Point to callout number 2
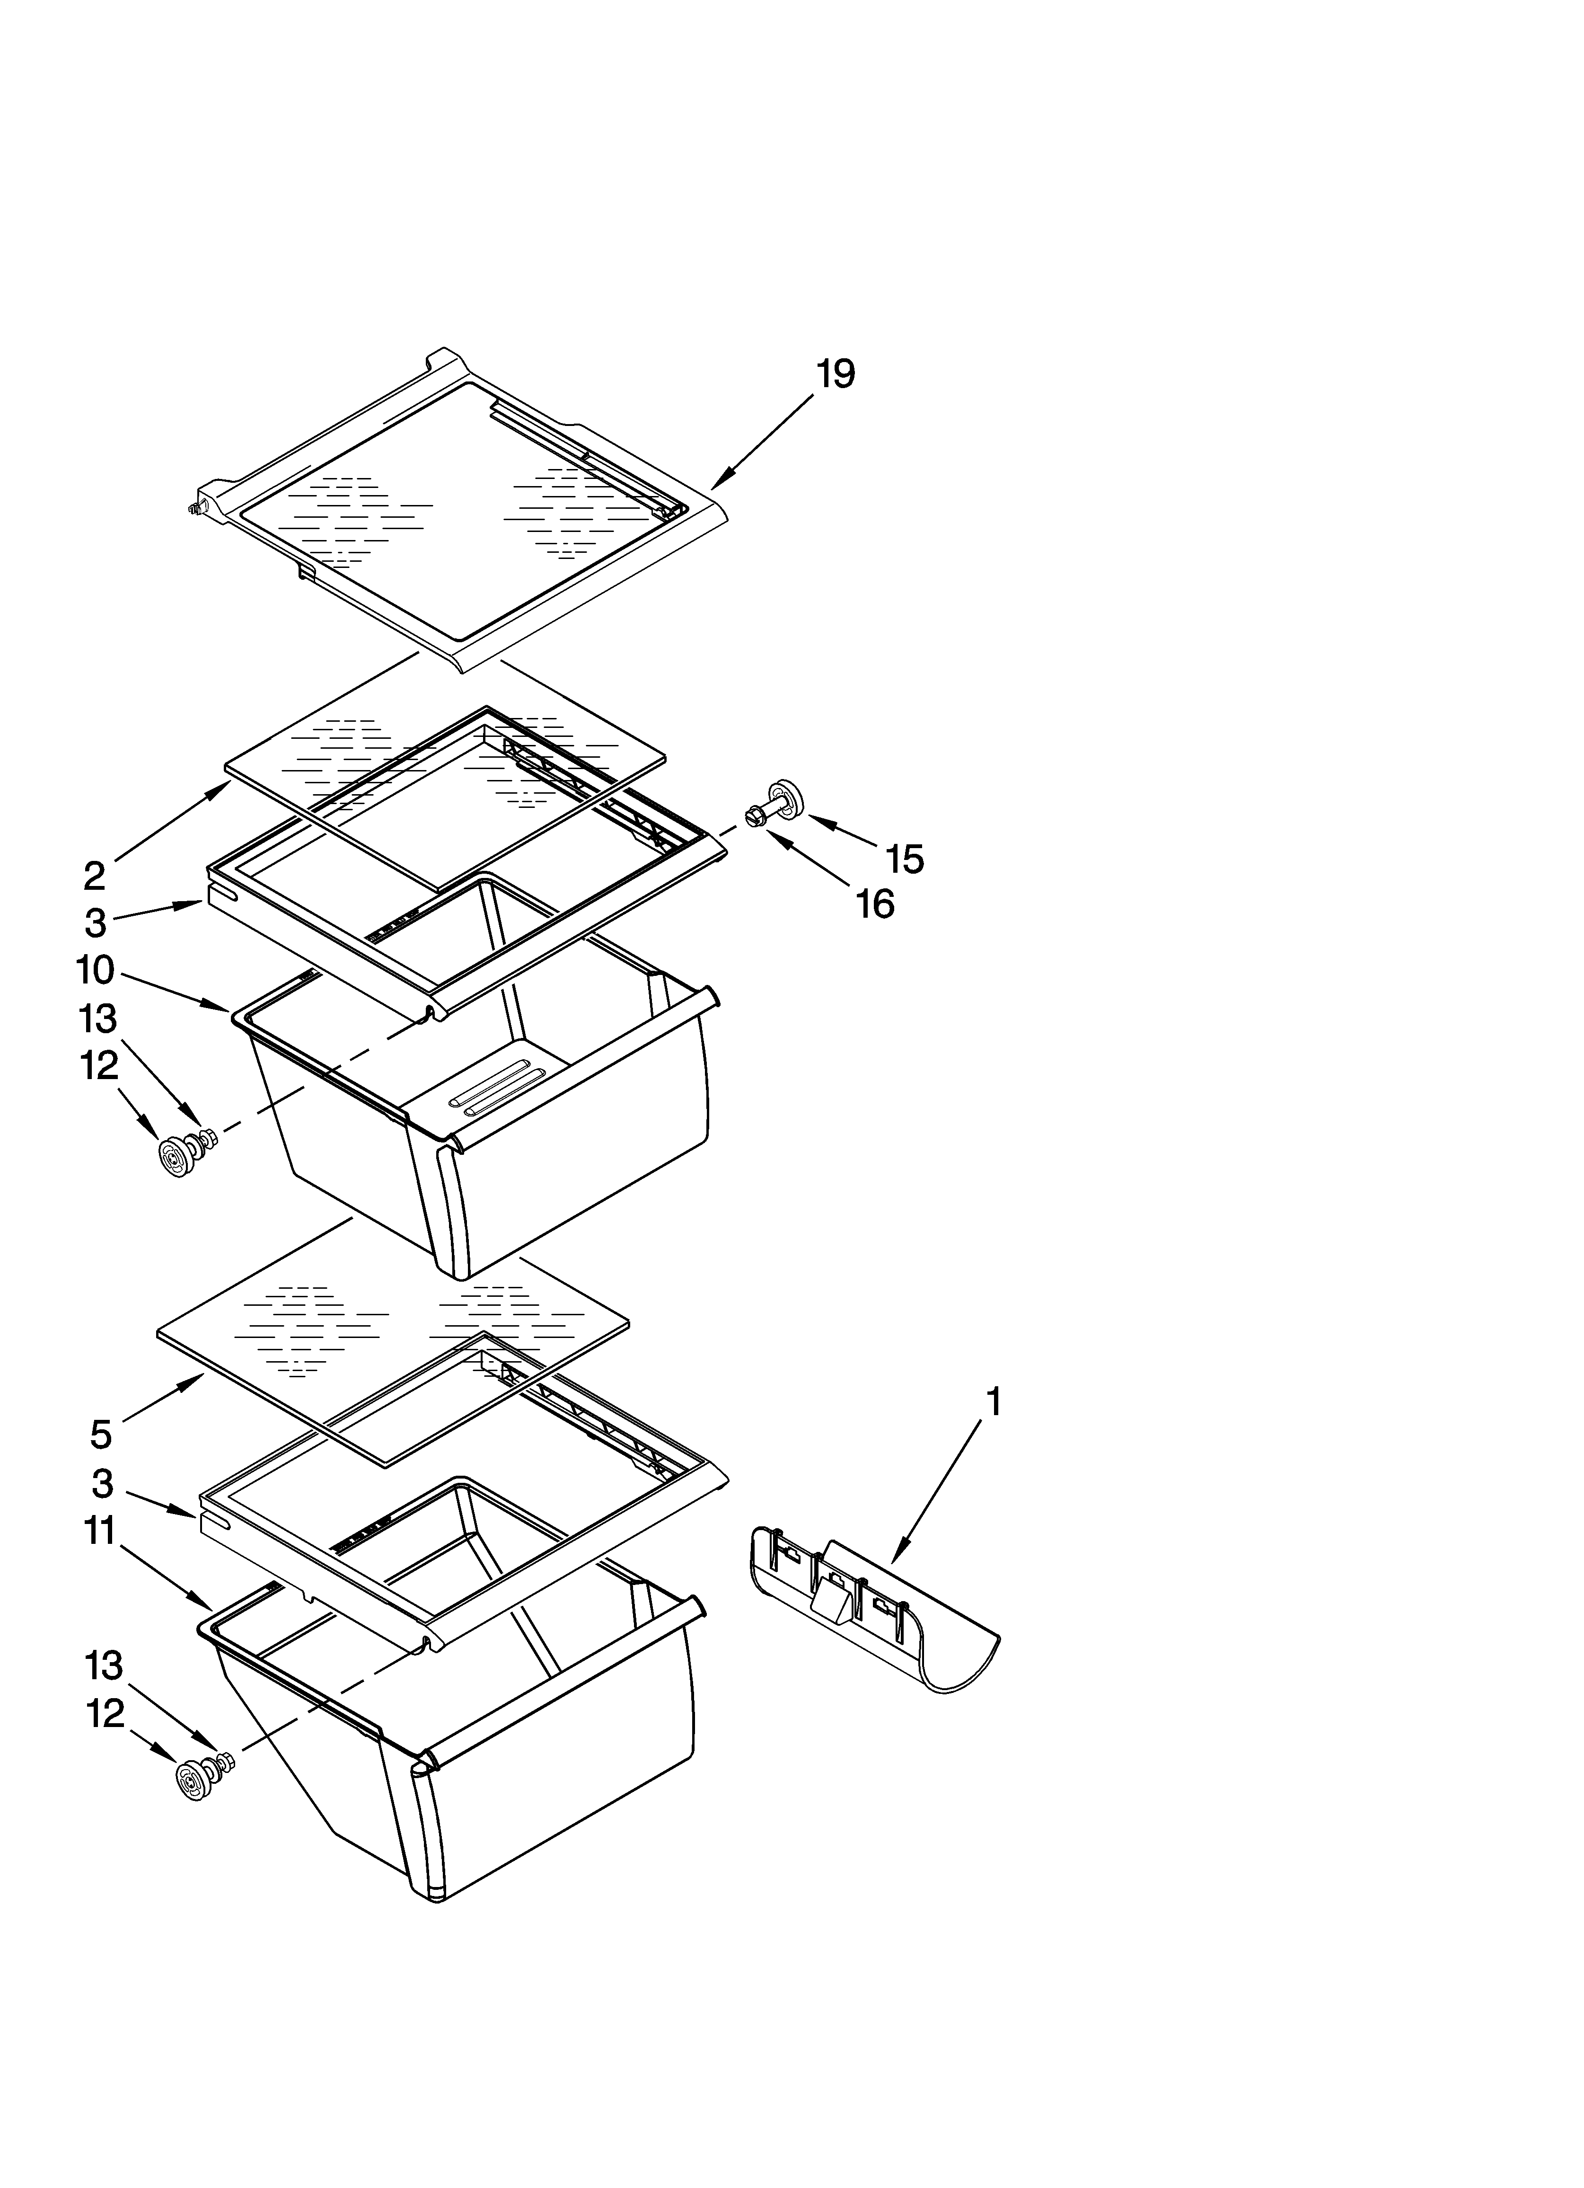pyautogui.click(x=94, y=876)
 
